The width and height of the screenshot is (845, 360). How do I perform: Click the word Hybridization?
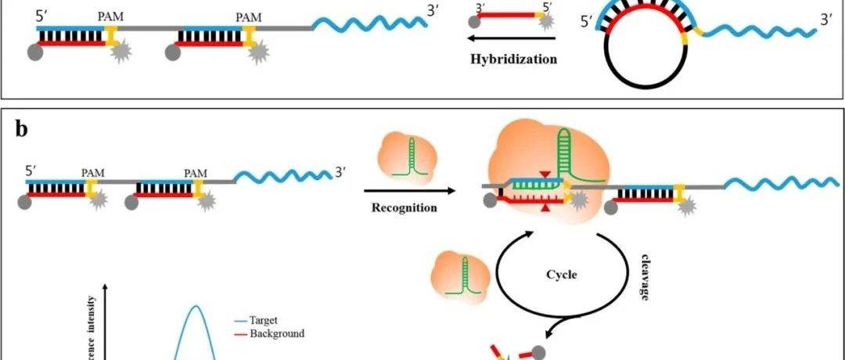point(514,59)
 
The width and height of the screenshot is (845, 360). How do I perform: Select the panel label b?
point(21,129)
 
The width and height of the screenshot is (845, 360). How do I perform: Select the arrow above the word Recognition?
point(409,190)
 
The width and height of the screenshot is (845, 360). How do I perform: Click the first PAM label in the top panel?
point(109,14)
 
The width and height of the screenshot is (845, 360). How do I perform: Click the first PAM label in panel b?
point(93,171)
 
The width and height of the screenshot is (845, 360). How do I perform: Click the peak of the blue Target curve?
point(194,307)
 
